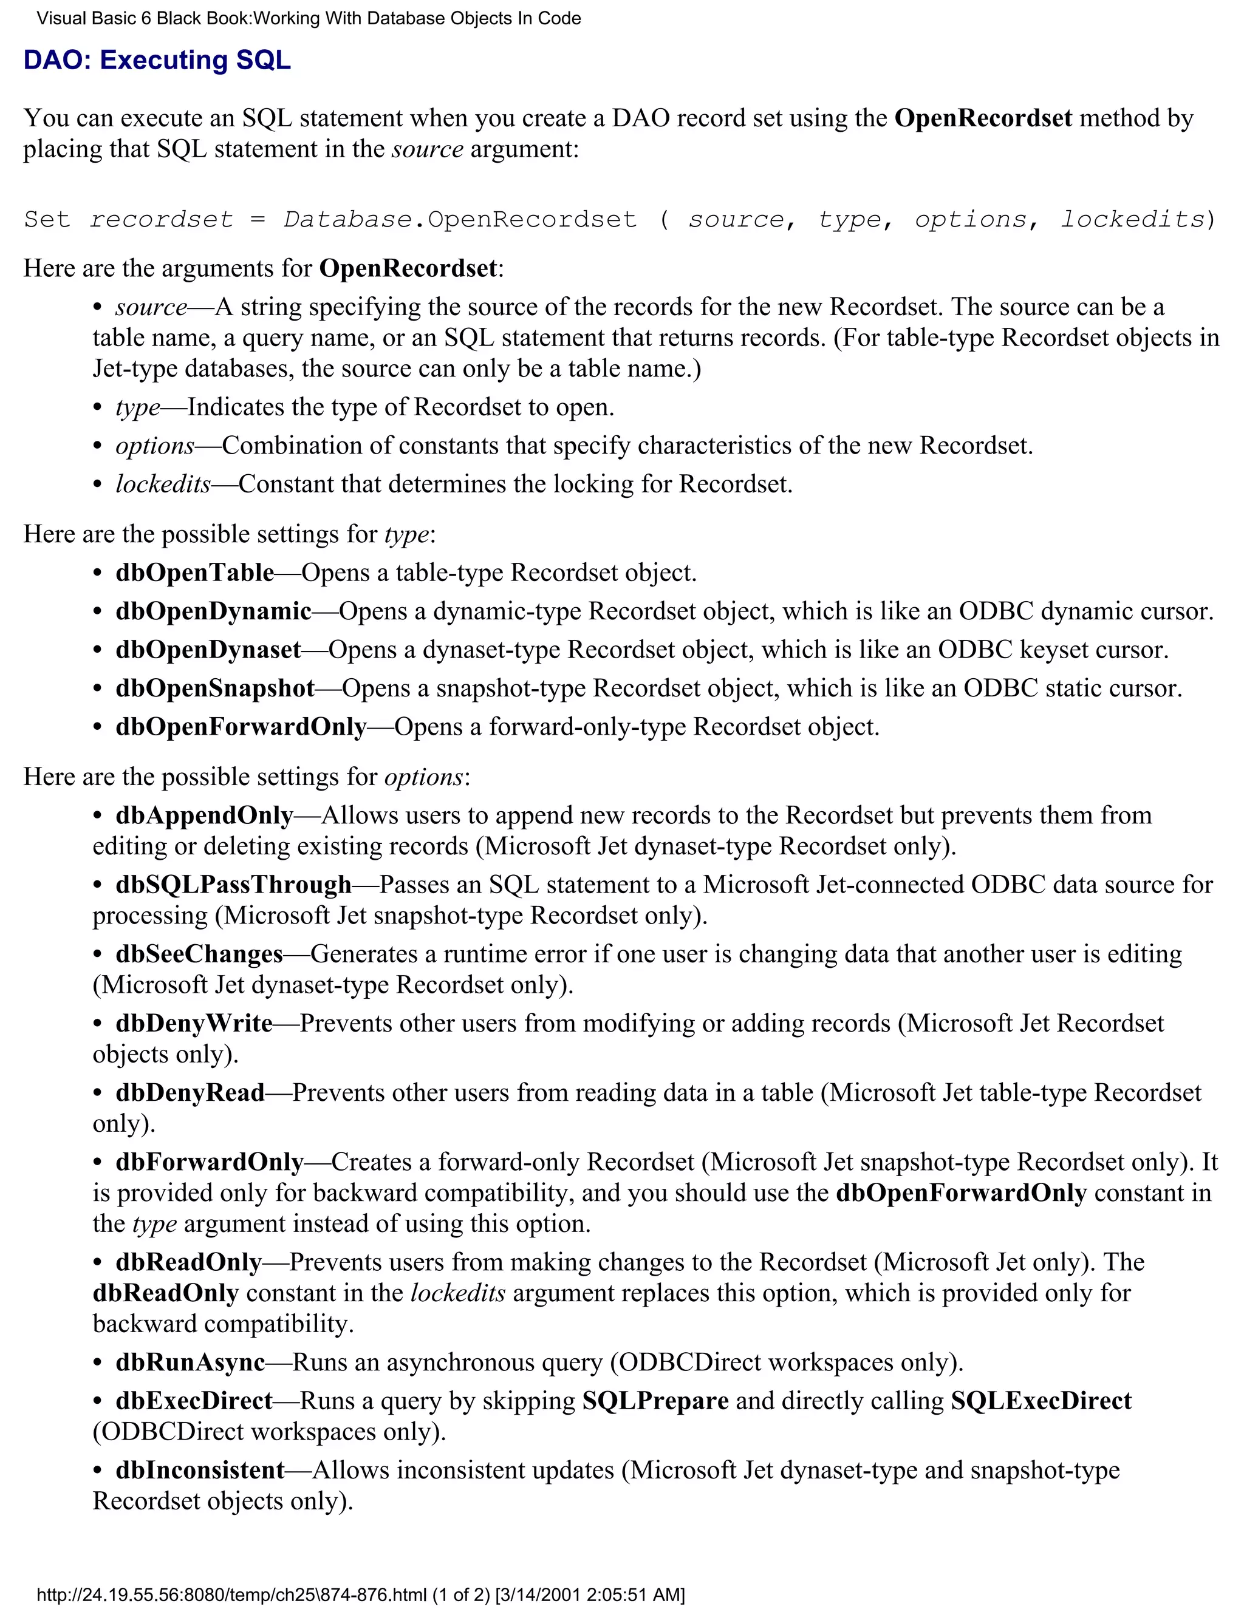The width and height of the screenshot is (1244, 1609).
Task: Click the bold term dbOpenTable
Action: click(194, 573)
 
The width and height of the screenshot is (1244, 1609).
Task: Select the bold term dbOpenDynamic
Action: click(213, 611)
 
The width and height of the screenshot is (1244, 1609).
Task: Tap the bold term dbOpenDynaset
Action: click(208, 649)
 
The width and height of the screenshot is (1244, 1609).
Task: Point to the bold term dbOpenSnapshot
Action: click(214, 688)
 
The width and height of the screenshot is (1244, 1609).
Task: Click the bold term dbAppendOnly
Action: click(204, 815)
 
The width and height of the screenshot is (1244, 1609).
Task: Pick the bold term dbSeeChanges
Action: click(199, 954)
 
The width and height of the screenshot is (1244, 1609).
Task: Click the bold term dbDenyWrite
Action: click(194, 1023)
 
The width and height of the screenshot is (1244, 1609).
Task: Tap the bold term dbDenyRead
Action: click(190, 1092)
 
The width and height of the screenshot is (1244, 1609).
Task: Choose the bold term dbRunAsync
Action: click(190, 1362)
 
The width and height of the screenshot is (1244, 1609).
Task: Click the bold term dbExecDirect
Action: click(194, 1401)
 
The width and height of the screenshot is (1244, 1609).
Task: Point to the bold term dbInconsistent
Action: click(200, 1470)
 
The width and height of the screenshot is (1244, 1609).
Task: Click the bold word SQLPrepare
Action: click(655, 1401)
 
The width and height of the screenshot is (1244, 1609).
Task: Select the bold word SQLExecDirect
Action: click(1041, 1401)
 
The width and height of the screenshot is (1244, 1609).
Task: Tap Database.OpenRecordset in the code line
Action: click(460, 220)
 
